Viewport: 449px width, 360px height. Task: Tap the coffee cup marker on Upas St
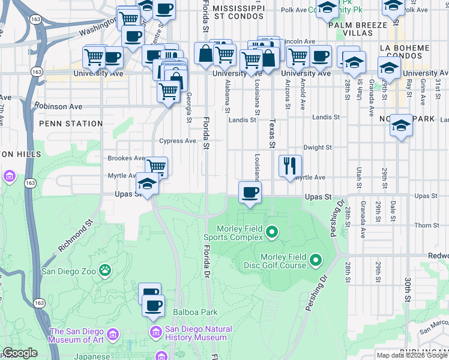click(249, 193)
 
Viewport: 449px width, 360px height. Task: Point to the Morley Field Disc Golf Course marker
click(316, 260)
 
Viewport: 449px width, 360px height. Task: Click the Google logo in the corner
click(20, 353)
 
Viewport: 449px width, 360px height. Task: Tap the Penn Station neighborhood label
click(71, 124)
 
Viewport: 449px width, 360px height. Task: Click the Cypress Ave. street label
click(178, 141)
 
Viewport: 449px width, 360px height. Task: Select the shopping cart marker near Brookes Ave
click(156, 166)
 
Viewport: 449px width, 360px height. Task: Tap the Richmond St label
click(76, 238)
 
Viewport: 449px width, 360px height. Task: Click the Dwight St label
click(318, 147)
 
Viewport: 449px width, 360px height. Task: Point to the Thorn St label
click(427, 226)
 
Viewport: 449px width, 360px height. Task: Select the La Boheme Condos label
click(414, 52)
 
